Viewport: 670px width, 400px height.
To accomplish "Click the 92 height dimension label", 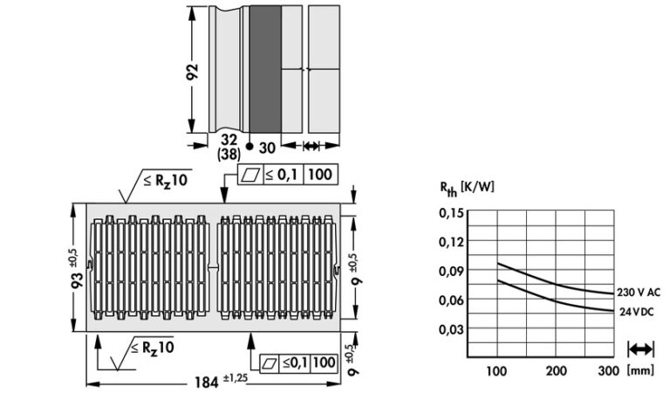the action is (193, 72).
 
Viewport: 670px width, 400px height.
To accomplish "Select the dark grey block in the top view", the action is (265, 69).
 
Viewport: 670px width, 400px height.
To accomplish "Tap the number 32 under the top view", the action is (229, 140).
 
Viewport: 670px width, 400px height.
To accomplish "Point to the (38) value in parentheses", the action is (229, 154).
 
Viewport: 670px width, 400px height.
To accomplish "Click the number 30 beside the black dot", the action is (267, 148).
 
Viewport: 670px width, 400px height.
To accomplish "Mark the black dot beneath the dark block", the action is (250, 147).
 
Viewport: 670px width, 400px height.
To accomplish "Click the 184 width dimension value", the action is (207, 382).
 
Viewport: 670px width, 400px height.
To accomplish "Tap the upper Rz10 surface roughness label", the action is (166, 180).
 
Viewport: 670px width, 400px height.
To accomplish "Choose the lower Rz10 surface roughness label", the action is (153, 347).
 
